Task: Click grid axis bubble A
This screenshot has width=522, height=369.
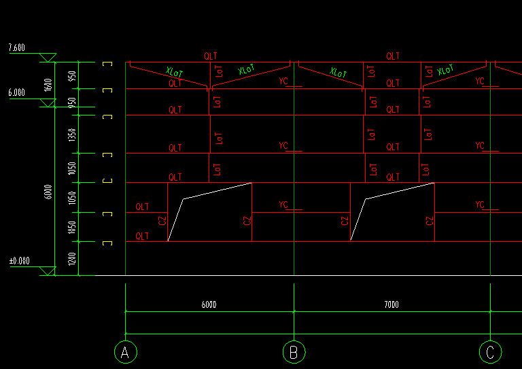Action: [124, 352]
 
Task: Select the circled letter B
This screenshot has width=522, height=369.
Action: [294, 352]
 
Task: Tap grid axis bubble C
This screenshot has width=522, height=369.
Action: [489, 352]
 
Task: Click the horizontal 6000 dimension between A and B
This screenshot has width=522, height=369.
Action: [209, 305]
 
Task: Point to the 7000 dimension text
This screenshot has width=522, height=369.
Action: [391, 305]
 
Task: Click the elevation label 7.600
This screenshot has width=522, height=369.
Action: [16, 48]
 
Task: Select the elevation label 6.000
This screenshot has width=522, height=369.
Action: [16, 92]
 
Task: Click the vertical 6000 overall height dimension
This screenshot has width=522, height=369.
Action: [48, 192]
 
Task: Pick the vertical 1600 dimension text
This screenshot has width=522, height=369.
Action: [48, 84]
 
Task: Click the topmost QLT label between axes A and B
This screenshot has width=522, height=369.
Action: [210, 56]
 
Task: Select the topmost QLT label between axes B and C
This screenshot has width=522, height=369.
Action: [393, 56]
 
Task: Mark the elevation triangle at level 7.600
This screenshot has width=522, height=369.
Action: [48, 58]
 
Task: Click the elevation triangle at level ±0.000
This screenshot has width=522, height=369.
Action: [48, 271]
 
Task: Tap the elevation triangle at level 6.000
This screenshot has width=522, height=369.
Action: [48, 103]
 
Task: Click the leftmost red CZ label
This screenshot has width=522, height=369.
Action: [162, 221]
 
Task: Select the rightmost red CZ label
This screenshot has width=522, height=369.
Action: [430, 221]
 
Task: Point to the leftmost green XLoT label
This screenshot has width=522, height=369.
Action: [175, 71]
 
